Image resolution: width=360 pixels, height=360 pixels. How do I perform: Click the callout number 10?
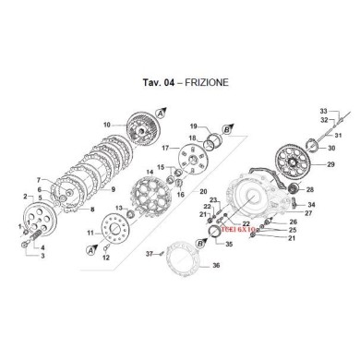pyautogui.click(x=107, y=125)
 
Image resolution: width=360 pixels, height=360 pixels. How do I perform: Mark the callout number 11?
pyautogui.click(x=90, y=234)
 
